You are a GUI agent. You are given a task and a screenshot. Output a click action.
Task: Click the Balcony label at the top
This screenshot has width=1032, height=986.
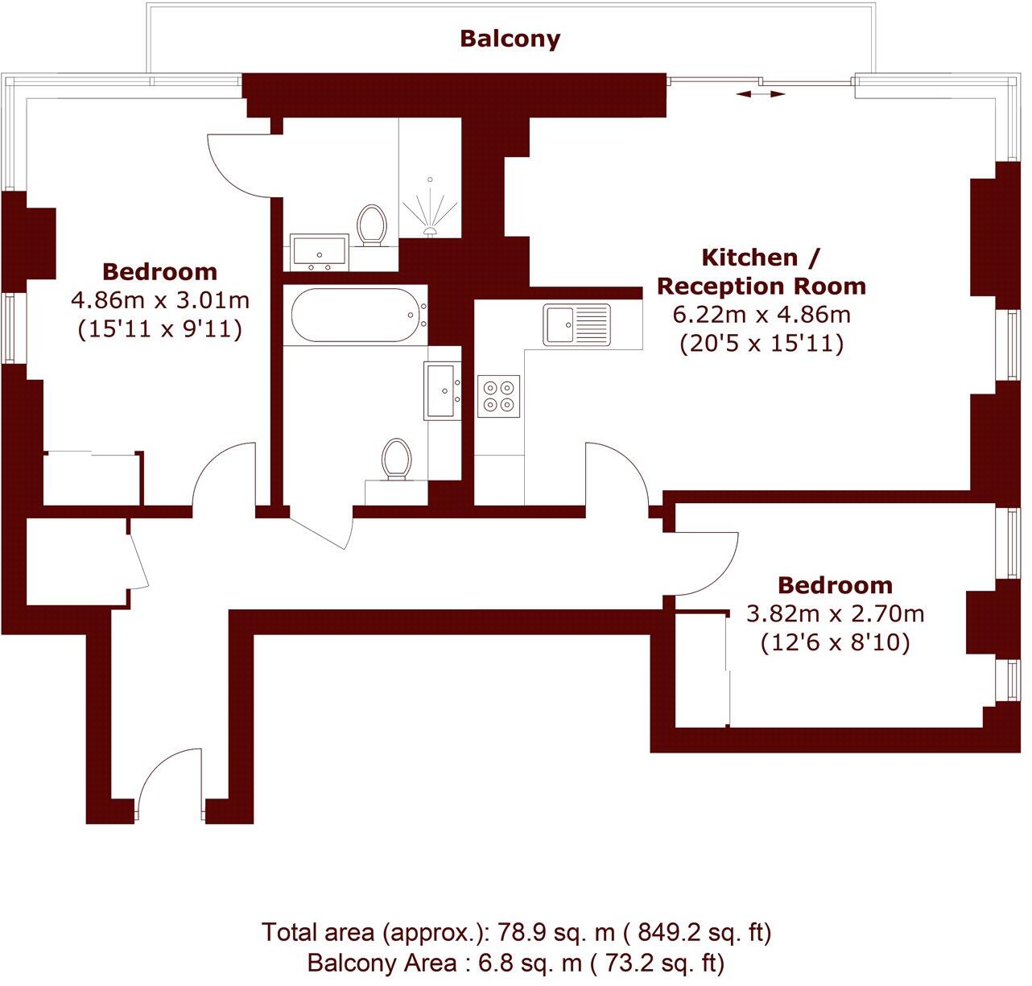[x=510, y=39]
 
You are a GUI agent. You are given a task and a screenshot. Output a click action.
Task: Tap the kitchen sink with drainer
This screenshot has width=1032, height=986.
[x=576, y=324]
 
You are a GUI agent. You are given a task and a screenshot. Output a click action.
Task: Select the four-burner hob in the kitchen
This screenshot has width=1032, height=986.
[x=498, y=396]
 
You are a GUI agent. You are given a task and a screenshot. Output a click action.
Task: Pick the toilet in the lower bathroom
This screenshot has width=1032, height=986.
[x=395, y=459]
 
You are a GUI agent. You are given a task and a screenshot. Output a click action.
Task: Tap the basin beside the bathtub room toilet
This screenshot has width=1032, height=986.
[x=443, y=391]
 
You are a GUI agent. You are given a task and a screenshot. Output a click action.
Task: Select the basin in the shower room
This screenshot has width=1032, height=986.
[x=319, y=250]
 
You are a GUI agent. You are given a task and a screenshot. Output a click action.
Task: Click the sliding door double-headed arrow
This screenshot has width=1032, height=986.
[x=761, y=94]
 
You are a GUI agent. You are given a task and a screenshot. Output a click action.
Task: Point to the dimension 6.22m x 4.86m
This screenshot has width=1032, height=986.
[x=761, y=315]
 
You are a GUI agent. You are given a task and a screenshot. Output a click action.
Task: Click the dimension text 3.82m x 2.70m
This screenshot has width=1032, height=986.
[x=835, y=614]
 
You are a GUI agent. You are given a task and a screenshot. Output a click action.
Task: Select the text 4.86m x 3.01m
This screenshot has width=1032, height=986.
[x=160, y=301]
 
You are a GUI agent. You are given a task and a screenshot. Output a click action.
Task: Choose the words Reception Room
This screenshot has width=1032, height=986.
[x=762, y=286]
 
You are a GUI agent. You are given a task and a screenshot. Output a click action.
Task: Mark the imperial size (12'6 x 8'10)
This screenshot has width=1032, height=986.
[x=835, y=643]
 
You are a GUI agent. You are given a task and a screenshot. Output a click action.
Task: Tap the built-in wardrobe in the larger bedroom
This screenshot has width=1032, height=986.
[x=92, y=480]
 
